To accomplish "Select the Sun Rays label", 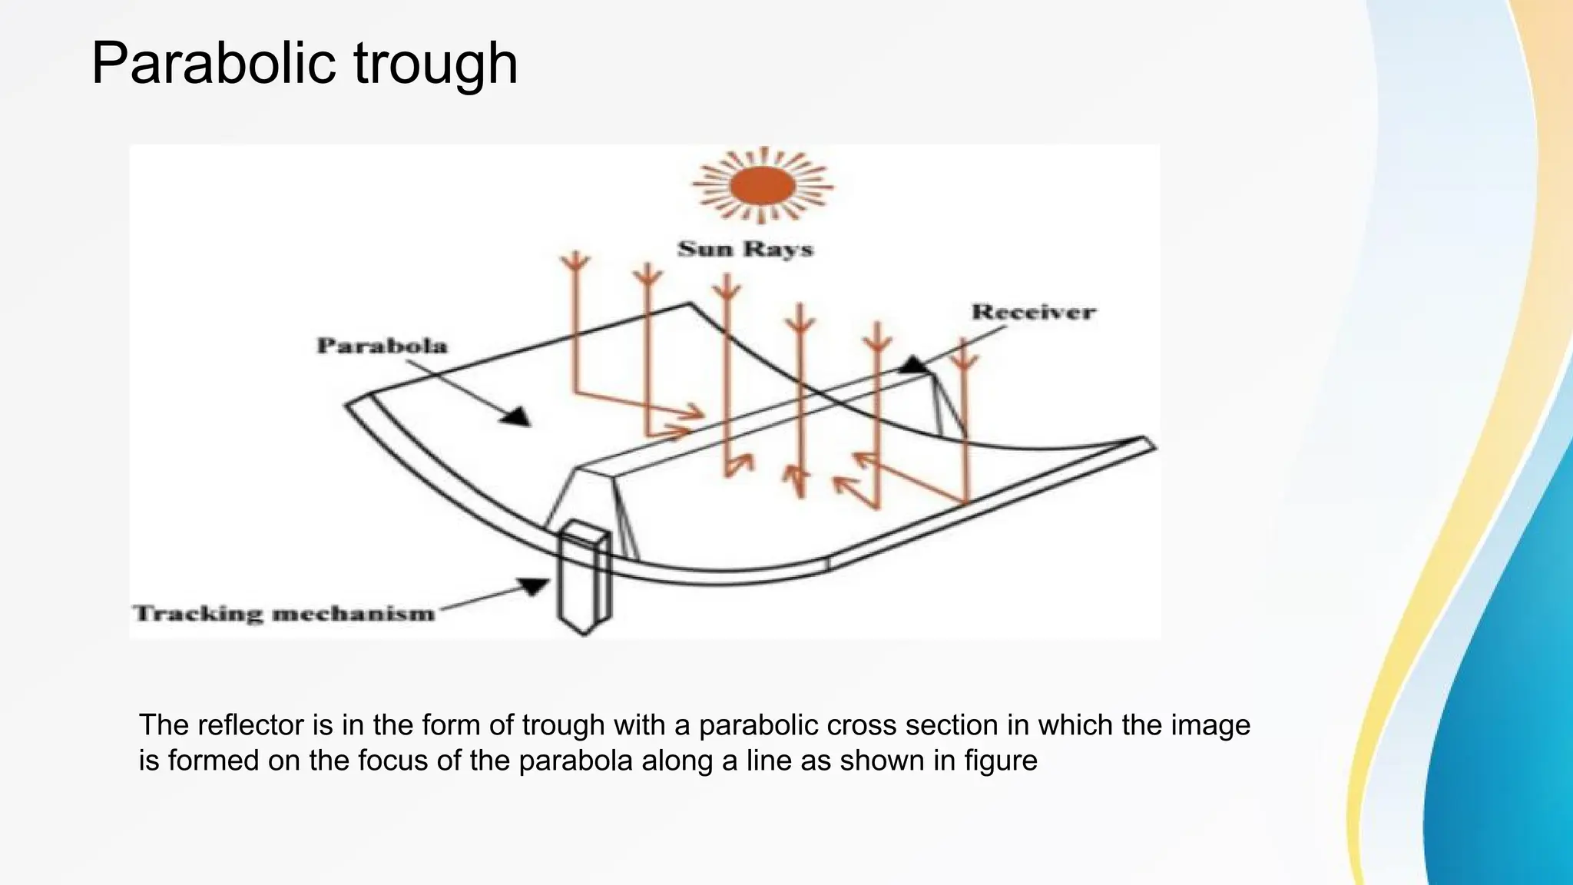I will pos(745,249).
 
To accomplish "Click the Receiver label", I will pos(1033,312).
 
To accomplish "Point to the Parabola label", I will pos(382,346).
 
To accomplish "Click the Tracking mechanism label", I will pos(284,613).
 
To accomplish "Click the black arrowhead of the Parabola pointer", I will pos(516,416).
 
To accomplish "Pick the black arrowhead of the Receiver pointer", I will pos(914,365).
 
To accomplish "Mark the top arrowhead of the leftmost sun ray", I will pos(573,262).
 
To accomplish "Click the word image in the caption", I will pos(1210,725).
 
